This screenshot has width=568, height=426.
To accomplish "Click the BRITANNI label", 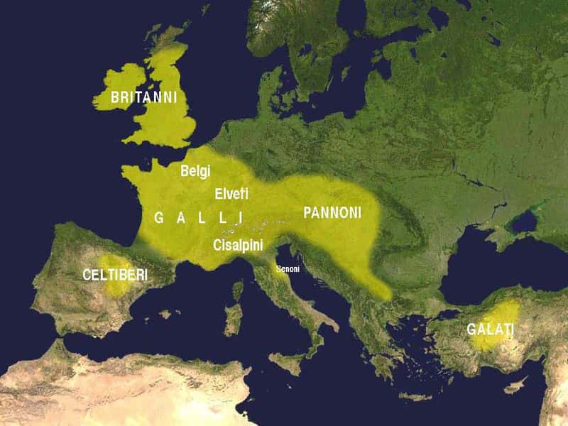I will [143, 97].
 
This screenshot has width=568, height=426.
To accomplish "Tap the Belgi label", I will [195, 171].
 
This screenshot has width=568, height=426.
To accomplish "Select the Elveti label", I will [231, 193].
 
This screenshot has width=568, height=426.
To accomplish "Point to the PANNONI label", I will [332, 212].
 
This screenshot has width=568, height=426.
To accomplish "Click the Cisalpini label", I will [238, 245].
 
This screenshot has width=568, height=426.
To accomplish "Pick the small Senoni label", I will [288, 269].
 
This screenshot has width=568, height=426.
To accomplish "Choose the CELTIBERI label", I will [114, 275].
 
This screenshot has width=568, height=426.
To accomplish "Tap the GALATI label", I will [490, 329].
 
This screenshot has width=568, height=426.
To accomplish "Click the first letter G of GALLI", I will [159, 218].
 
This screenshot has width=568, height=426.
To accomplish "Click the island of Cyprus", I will [516, 386].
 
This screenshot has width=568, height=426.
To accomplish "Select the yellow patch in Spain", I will [112, 273].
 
